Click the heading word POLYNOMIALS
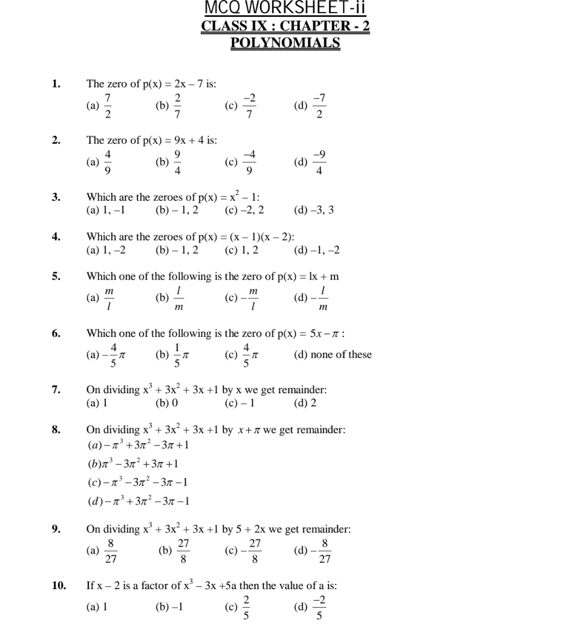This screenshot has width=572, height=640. tap(285, 43)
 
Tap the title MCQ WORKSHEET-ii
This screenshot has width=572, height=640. tap(285, 8)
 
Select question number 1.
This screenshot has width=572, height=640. tap(56, 83)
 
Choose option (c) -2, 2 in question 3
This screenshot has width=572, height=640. tap(244, 210)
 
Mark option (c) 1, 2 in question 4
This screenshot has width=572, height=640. tap(242, 250)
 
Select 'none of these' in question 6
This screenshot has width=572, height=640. tap(333, 354)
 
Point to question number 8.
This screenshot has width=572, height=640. tap(56, 429)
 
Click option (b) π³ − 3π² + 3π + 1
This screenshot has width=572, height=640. tap(133, 464)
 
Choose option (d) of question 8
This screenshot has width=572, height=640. tap(138, 501)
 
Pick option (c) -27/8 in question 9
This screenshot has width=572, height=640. tap(244, 551)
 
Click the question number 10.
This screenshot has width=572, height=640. tap(59, 585)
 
